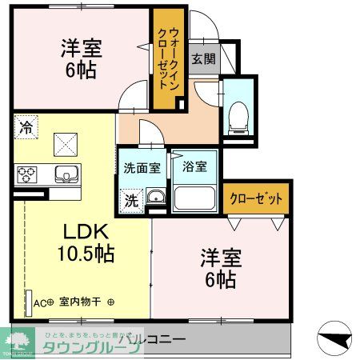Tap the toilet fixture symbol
point(238,117)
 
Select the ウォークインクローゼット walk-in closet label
point(169,57)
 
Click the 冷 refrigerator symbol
point(26,126)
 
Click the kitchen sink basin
point(64,173)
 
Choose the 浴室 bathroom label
point(194,167)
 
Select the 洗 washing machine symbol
point(130,199)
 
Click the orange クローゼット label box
point(255,198)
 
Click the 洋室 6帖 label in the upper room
point(78,58)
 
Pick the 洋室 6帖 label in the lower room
point(218,269)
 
